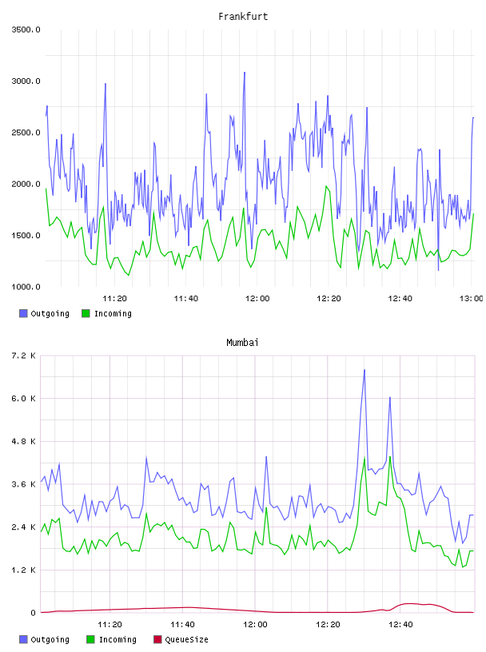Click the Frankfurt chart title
[x=243, y=16]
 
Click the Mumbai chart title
[x=242, y=342]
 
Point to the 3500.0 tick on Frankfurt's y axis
[x=26, y=30]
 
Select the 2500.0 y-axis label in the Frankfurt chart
[x=26, y=133]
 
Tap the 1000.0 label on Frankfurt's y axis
[x=26, y=287]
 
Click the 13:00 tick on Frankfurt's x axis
[x=471, y=299]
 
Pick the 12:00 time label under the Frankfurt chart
[x=257, y=299]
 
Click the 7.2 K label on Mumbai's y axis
[x=23, y=356]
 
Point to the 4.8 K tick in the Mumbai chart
[x=23, y=441]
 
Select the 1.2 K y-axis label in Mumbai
[x=23, y=570]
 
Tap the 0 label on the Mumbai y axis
[x=33, y=613]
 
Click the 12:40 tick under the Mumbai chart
[x=400, y=625]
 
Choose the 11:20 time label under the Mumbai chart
[x=110, y=625]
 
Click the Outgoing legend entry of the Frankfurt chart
[x=45, y=313]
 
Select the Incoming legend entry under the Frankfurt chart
[x=107, y=313]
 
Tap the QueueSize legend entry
[x=181, y=639]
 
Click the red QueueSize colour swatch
[x=157, y=639]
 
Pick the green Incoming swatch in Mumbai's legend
[x=90, y=639]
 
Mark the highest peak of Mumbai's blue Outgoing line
[x=364, y=370]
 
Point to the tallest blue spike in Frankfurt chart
[x=245, y=73]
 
